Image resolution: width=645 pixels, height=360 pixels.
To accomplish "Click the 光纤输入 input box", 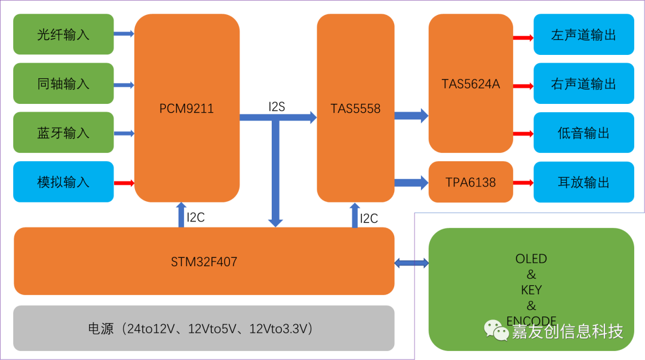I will [x=63, y=34].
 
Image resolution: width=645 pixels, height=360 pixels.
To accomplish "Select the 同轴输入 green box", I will [x=63, y=84].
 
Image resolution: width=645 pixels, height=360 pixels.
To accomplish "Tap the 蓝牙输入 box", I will [x=63, y=133].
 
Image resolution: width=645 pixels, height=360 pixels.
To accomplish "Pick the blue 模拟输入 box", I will [x=63, y=182].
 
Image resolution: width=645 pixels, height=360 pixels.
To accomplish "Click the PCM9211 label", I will [x=186, y=109].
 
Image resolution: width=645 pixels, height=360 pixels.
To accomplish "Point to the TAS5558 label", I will [x=355, y=109].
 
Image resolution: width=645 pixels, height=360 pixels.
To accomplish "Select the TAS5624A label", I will [x=471, y=84].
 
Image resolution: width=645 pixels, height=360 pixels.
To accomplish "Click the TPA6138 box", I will [x=471, y=182].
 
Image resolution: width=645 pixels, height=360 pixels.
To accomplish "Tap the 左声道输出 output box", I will [x=583, y=35].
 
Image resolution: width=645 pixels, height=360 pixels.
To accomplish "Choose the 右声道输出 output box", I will [x=583, y=84].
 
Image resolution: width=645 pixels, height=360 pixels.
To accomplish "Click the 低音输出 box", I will [x=583, y=133].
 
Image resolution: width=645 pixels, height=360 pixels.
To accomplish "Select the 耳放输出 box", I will [x=583, y=182].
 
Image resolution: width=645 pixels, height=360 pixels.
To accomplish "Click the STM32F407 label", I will [x=204, y=261].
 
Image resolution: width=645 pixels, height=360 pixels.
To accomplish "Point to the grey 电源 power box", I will [x=204, y=328].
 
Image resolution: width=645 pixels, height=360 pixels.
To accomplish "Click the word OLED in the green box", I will [x=531, y=259].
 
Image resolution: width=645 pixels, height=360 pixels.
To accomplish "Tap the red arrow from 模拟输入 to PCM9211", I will [x=124, y=183].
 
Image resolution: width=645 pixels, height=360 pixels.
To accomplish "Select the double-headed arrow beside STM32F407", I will [x=411, y=261].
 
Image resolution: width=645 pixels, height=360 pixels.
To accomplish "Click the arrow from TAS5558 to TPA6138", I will [x=411, y=182].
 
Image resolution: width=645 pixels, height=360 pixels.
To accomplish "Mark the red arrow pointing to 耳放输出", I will [x=523, y=182].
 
